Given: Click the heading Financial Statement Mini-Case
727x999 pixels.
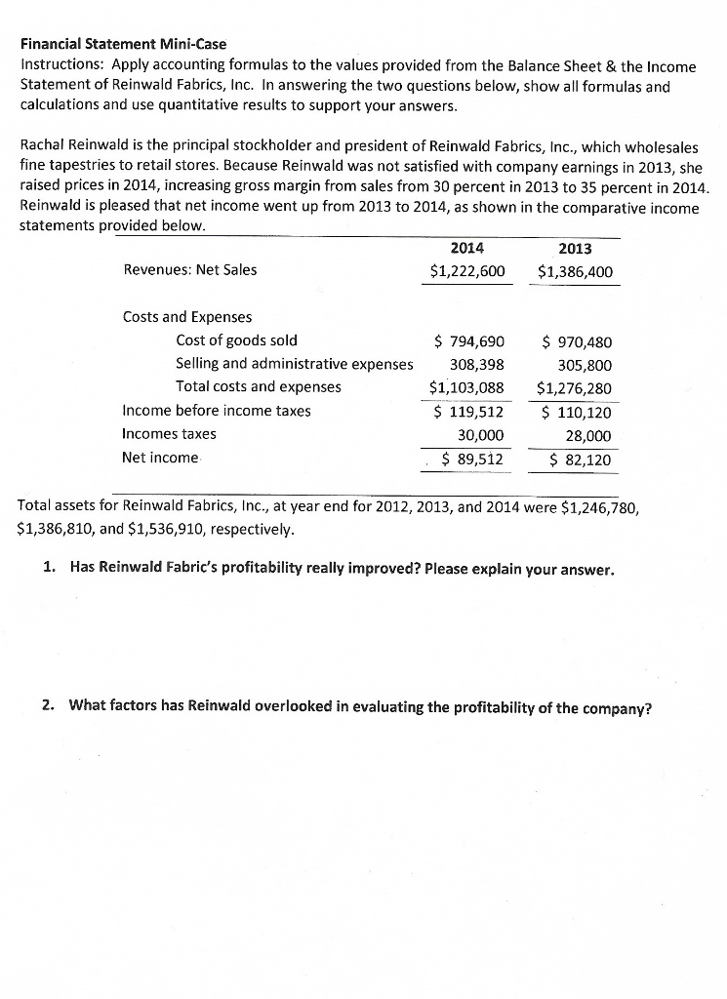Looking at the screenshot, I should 123,45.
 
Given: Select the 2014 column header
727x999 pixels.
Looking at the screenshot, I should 467,248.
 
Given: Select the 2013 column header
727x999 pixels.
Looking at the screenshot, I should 577,248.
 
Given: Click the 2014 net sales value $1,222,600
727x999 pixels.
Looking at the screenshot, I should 467,270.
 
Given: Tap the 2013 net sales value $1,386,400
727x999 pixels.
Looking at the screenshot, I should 577,270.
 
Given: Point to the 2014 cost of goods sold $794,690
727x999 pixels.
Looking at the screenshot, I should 469,341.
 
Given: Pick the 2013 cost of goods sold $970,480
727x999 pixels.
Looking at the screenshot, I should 577,341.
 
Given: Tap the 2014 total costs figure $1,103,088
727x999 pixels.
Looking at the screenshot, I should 466,387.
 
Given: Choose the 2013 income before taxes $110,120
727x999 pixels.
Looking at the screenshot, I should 577,411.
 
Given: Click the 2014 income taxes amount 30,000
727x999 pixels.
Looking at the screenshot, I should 481,434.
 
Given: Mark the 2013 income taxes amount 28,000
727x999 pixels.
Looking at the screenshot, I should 588,434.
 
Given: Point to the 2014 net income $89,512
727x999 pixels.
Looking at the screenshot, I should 473,459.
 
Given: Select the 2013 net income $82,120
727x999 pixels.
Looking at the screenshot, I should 581,459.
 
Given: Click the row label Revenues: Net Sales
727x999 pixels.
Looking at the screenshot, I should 189,270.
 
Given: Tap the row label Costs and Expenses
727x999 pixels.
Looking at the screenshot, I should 186,317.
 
